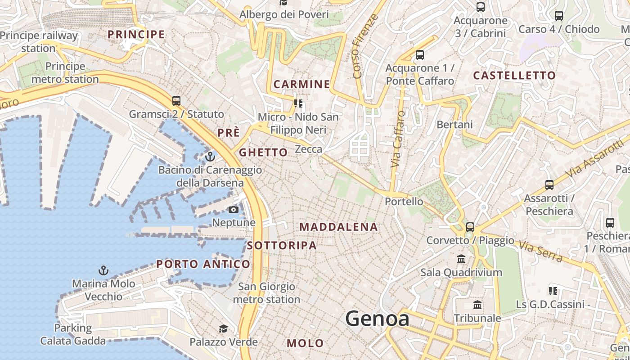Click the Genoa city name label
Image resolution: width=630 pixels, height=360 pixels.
(377, 319)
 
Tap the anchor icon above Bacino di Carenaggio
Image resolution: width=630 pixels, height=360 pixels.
(210, 157)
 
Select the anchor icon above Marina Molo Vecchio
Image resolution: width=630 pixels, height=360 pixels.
(103, 270)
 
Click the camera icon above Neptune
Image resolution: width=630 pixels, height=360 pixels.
(233, 209)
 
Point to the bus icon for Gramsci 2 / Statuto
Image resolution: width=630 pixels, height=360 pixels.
(176, 101)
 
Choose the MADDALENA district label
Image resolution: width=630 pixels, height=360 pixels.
(338, 227)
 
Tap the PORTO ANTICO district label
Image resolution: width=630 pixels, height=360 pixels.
(203, 264)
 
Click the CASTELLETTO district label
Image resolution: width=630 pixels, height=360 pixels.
(514, 76)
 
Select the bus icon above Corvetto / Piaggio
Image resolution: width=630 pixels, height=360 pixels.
(470, 227)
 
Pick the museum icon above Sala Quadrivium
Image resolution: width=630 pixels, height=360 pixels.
(461, 259)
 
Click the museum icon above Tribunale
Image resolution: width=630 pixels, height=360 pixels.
(477, 305)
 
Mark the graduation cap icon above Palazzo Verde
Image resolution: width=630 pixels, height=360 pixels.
(223, 328)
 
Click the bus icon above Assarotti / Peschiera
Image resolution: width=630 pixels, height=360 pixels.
(549, 184)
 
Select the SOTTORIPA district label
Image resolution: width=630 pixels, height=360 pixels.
(282, 246)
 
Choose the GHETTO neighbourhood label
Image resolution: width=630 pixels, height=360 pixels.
(263, 153)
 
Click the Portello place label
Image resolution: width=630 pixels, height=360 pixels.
(404, 202)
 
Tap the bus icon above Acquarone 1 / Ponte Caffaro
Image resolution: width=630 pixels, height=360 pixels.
(420, 55)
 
